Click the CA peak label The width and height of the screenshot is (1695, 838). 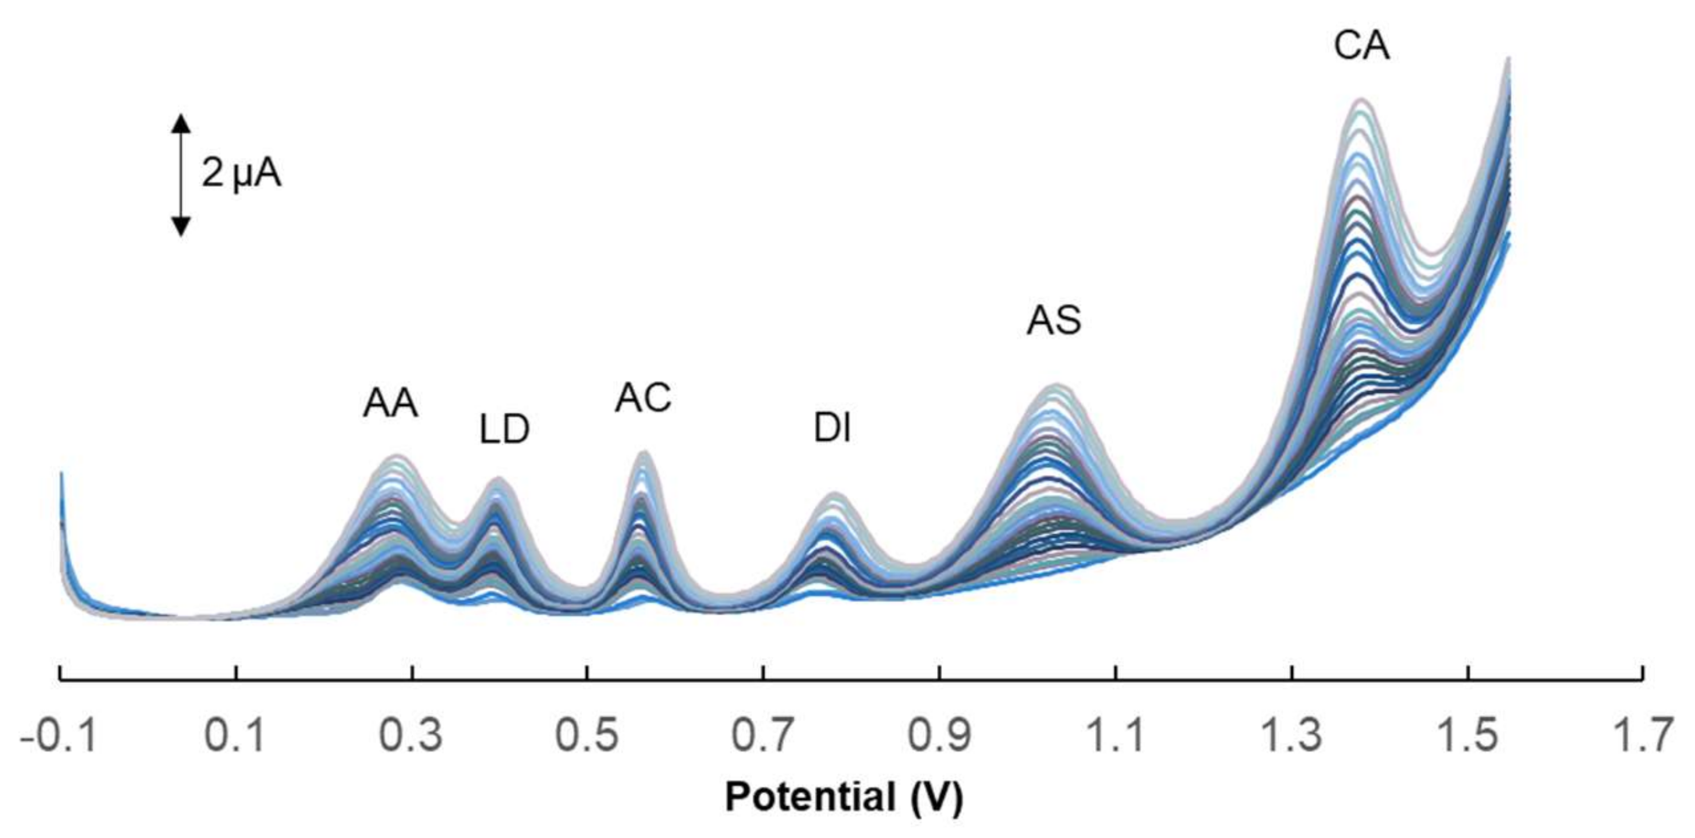[1361, 46]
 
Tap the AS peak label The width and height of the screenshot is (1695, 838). [1054, 321]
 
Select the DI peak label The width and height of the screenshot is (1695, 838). [833, 429]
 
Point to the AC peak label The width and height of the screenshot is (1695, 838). [643, 398]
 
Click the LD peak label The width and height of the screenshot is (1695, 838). [504, 429]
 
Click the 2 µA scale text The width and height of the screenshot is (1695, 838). [241, 175]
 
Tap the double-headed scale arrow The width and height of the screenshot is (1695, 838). [181, 175]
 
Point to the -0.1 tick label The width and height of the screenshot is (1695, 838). [59, 735]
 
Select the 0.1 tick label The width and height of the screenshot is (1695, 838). [235, 735]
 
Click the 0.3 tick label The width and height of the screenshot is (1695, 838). [411, 735]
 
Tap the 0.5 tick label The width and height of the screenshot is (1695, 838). [587, 735]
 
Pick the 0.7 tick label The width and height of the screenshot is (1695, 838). [763, 735]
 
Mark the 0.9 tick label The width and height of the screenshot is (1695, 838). [939, 735]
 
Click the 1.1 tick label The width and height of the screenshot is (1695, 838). [1114, 735]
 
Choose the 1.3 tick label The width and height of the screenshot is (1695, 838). [1291, 735]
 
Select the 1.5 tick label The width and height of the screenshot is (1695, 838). [1466, 735]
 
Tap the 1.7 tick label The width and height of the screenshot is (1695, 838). [1643, 735]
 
